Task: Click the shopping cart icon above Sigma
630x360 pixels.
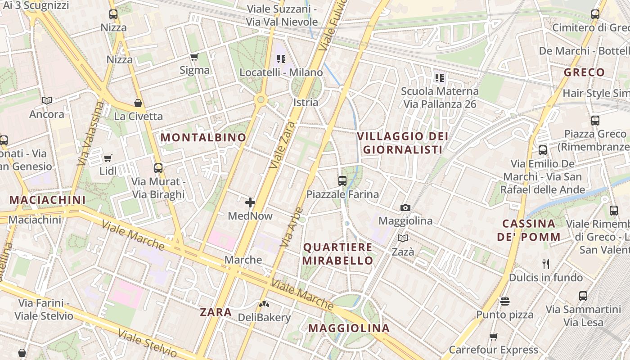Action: [194, 57]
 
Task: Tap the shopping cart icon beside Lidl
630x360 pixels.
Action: [108, 158]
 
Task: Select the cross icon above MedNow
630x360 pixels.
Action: [250, 202]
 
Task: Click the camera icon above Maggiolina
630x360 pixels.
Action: [405, 207]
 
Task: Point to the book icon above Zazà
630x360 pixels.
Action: [403, 238]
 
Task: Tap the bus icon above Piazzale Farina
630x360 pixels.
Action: [342, 181]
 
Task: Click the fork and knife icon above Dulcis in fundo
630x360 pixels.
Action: [546, 264]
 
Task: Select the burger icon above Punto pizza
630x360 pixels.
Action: [505, 301]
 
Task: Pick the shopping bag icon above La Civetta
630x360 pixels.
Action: [138, 103]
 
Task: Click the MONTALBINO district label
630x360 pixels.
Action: [203, 138]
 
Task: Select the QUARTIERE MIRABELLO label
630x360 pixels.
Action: [338, 254]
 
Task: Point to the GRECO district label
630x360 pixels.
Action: [584, 72]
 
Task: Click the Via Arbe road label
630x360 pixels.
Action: [292, 227]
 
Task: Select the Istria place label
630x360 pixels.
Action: [306, 102]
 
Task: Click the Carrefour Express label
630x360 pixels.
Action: [493, 350]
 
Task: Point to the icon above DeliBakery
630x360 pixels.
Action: [264, 304]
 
